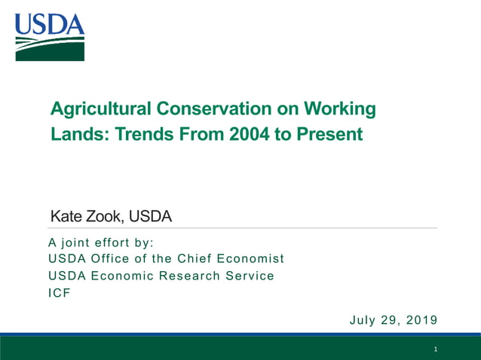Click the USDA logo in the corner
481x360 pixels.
pos(49,37)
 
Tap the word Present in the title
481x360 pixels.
pos(331,135)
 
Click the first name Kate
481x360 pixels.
pos(66,217)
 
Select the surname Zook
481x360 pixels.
pos(104,217)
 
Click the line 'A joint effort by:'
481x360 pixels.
pos(100,243)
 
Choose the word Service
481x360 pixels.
pos(248,276)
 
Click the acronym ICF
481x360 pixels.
pos(59,292)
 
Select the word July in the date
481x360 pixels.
pos(364,320)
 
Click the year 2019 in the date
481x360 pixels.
pos(421,320)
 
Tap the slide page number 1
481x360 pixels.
pos(436,350)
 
